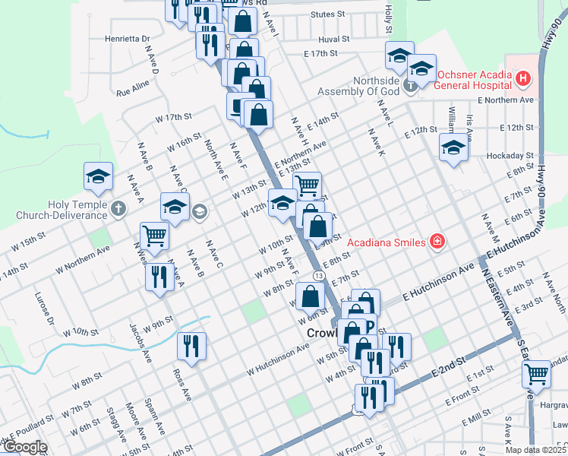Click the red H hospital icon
pos(522,78)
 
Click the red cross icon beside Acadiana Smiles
pos(437,242)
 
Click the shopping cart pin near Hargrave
pos(537,374)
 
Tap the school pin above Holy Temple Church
pos(99,176)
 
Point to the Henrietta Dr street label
pos(128,37)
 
